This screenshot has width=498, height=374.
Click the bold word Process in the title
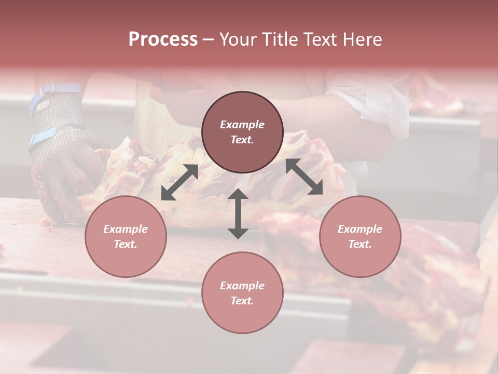pyautogui.click(x=163, y=39)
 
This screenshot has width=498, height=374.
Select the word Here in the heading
pyautogui.click(x=362, y=39)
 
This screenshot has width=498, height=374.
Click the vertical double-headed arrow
pyautogui.click(x=238, y=214)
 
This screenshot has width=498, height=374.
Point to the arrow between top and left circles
pyautogui.click(x=179, y=182)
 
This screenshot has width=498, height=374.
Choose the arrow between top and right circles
pyautogui.click(x=305, y=177)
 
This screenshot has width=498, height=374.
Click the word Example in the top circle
pyautogui.click(x=242, y=125)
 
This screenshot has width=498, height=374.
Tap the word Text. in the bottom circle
pyautogui.click(x=242, y=301)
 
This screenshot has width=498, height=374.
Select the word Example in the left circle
pyautogui.click(x=126, y=229)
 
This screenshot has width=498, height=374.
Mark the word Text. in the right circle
pyautogui.click(x=360, y=244)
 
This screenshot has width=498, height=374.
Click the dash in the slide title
pyautogui.click(x=208, y=40)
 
